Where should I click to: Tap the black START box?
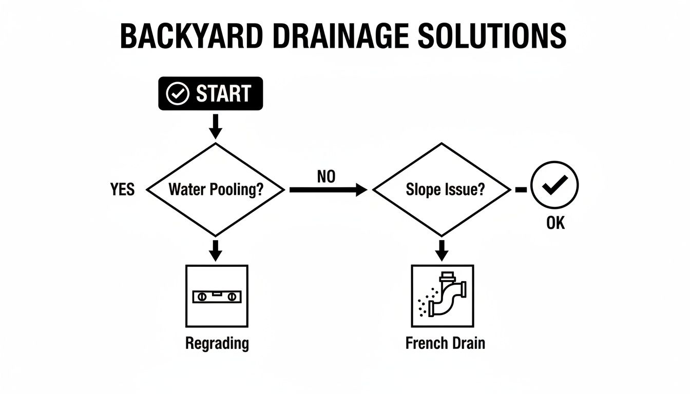(x=210, y=93)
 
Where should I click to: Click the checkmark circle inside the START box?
(x=178, y=94)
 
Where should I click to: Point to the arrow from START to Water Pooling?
(x=216, y=126)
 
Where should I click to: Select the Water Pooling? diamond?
(x=216, y=190)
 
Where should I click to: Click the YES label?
(x=122, y=190)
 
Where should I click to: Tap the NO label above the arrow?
(x=326, y=177)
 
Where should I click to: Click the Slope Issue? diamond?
(x=442, y=190)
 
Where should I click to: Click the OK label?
(x=555, y=224)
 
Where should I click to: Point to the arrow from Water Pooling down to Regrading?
(x=216, y=250)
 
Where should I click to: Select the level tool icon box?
(x=216, y=296)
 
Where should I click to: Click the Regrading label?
(x=217, y=343)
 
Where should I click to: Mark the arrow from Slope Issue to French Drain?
(x=442, y=250)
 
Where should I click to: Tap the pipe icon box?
(x=442, y=296)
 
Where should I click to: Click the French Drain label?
(x=445, y=343)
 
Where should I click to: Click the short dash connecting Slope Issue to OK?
(x=521, y=190)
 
